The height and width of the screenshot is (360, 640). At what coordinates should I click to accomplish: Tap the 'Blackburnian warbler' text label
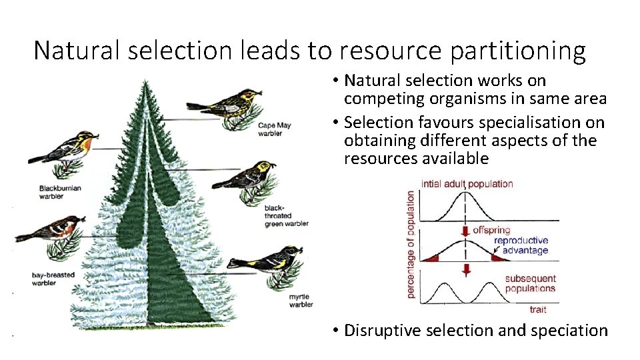pyautogui.click(x=60, y=192)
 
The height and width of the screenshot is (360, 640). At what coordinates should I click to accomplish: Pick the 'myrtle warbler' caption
pyautogui.click(x=301, y=300)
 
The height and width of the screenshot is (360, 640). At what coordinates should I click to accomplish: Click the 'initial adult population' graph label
pyautogui.click(x=467, y=183)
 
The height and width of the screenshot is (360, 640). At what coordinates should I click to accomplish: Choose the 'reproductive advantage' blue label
pyautogui.click(x=521, y=245)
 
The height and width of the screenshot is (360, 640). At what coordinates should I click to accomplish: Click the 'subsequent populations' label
pyautogui.click(x=530, y=283)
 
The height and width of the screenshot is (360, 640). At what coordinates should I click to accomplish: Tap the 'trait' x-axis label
pyautogui.click(x=537, y=309)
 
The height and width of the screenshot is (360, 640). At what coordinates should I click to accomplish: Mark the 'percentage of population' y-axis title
pyautogui.click(x=411, y=244)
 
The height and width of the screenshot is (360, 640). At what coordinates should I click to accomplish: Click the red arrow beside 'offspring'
pyautogui.click(x=465, y=231)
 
